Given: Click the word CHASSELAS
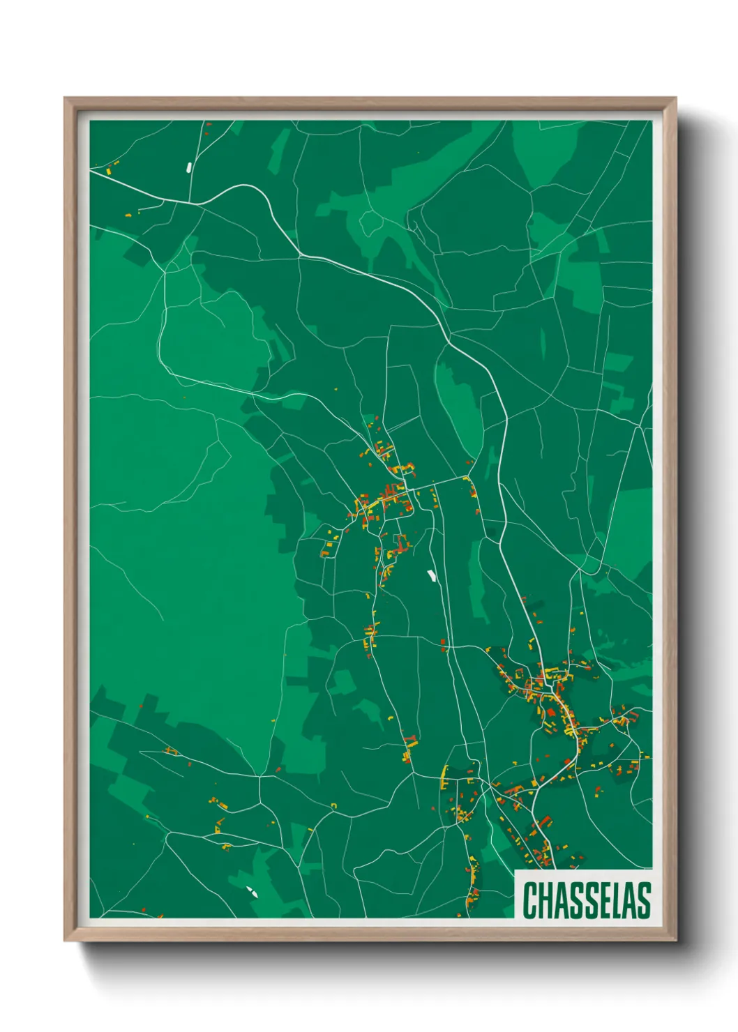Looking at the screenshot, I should (x=586, y=900).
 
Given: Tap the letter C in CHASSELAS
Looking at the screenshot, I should (x=529, y=900).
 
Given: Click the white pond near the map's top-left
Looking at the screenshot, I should (x=189, y=167).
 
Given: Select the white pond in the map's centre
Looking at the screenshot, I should (x=432, y=576).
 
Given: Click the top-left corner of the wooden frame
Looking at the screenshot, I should (x=65, y=98).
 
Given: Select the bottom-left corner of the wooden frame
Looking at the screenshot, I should (x=65, y=941).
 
